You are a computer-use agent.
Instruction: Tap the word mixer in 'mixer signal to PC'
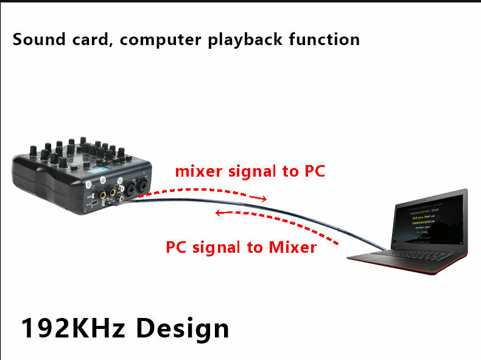(x=199, y=171)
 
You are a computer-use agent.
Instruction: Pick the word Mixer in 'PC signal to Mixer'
(x=291, y=247)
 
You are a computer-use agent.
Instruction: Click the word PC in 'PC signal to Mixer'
(x=177, y=247)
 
